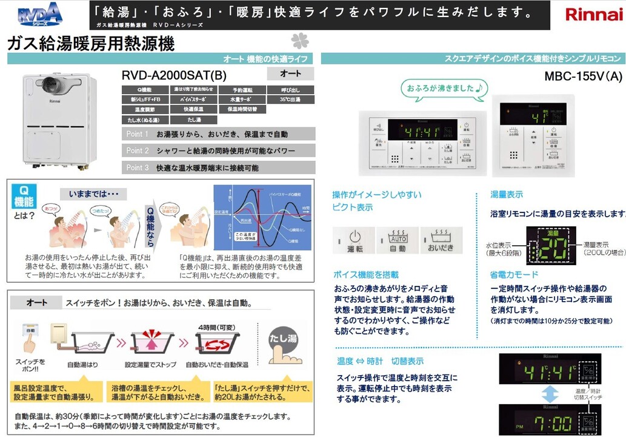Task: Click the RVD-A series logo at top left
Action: (x=39, y=14)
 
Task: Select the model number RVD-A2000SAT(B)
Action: (x=174, y=75)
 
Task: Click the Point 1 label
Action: (x=138, y=134)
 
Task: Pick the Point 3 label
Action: (x=138, y=168)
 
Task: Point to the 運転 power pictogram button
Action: (x=354, y=240)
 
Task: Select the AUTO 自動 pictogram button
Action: (x=398, y=240)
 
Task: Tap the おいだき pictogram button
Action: (x=442, y=240)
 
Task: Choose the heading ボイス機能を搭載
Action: (x=365, y=274)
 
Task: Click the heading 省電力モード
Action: (x=514, y=274)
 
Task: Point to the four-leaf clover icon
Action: (x=299, y=41)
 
